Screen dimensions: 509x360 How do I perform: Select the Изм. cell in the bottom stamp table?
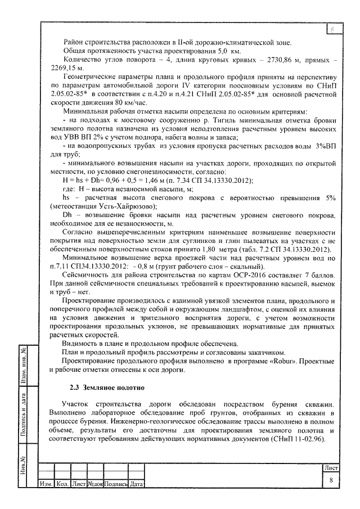pyautogui.click(x=45, y=484)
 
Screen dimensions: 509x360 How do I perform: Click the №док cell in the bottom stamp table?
pyautogui.click(x=96, y=484)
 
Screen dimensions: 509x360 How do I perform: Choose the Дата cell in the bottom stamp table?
pyautogui.click(x=136, y=484)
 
